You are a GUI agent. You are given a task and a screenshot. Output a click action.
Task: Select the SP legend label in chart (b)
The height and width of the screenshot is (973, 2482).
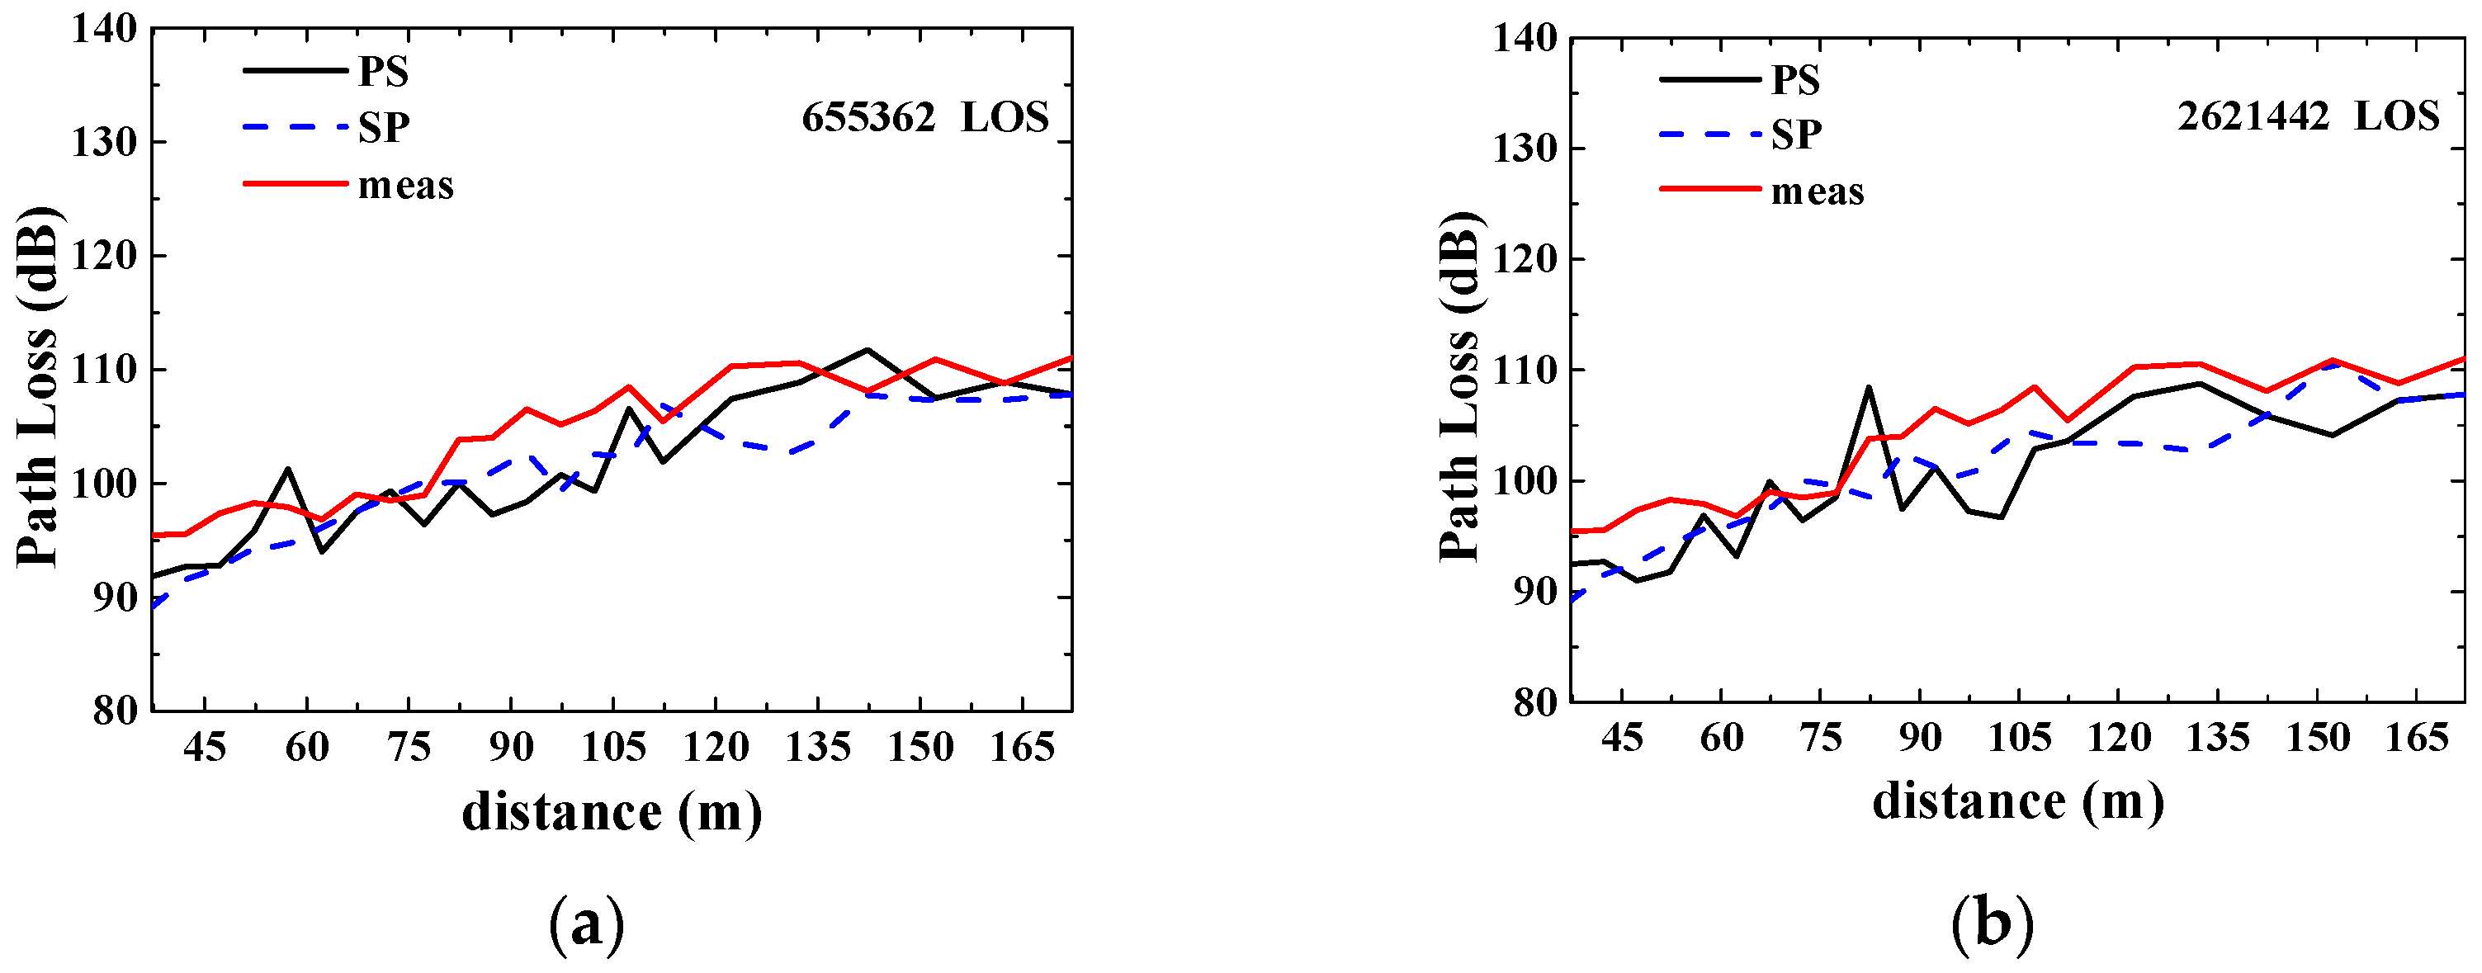1796,134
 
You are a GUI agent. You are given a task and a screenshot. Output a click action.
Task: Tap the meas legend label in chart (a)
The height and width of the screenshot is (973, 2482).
405,185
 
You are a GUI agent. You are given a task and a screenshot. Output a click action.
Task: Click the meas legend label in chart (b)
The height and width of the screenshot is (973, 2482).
1818,191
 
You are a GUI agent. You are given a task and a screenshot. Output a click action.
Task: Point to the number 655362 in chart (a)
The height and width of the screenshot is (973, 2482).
868,117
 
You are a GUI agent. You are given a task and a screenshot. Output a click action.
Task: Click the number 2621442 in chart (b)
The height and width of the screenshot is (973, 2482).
2253,116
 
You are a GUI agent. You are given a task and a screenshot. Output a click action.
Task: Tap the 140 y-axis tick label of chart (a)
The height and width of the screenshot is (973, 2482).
104,29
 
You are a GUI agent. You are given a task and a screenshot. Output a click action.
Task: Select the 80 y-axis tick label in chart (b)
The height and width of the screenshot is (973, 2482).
1535,702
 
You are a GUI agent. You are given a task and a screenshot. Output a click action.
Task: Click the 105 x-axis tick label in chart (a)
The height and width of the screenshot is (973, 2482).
612,747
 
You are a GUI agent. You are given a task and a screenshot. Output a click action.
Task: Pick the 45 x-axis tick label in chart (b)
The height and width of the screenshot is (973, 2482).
1622,737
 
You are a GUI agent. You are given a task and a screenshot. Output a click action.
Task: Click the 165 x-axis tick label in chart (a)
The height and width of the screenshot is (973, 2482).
1021,747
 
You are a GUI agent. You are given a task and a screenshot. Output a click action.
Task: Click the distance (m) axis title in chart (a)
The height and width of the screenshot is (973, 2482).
612,812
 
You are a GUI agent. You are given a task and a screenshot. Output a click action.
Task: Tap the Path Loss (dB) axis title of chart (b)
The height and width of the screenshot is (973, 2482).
1458,385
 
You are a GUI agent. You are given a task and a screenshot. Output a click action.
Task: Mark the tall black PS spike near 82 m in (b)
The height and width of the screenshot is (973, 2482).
1868,387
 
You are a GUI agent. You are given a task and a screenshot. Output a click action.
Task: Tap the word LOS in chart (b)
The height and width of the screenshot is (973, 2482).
2396,116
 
